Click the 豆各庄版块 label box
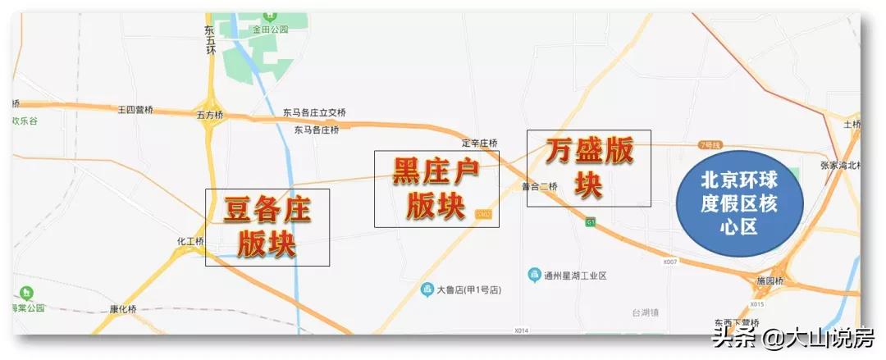(267, 227)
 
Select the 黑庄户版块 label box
(436, 189)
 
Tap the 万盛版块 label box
(588, 168)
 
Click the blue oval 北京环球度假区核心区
(738, 203)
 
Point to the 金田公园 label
(271, 29)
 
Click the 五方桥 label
(209, 116)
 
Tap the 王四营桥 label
(135, 109)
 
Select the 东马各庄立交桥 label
(315, 112)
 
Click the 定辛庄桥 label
(480, 143)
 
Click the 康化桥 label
(124, 309)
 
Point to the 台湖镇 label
(646, 312)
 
